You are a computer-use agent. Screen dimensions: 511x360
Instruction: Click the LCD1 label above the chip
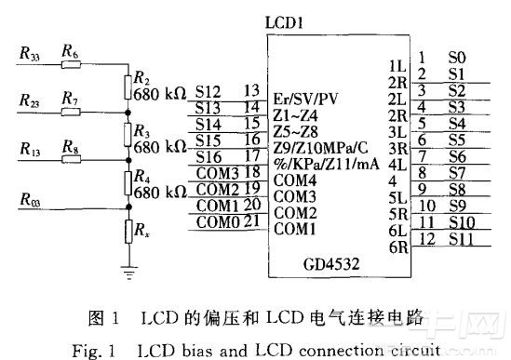284,23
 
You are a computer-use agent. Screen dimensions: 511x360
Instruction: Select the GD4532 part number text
331,264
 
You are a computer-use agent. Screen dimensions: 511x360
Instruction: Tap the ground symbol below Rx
129,273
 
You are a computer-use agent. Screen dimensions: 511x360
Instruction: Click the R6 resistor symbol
71,64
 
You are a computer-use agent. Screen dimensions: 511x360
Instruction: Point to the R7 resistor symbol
71,113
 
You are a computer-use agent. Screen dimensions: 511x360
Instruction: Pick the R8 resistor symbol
72,159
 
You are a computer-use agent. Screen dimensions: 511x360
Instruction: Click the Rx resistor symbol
129,232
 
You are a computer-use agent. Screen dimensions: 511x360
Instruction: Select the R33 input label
30,53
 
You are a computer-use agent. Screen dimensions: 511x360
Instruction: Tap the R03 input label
30,199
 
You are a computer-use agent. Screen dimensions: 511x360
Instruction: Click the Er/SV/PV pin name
305,99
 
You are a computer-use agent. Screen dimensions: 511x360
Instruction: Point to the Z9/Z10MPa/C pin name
321,148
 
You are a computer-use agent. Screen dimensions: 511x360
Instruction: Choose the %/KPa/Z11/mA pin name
326,164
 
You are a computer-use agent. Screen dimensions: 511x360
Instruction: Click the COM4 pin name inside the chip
295,180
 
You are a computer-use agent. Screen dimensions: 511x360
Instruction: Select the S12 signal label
208,92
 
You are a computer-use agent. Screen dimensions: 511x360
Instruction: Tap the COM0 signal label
218,222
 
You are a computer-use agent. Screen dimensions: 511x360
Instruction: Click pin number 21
252,221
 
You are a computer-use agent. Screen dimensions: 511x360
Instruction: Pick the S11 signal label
461,239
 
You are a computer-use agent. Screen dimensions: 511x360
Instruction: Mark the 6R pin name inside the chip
398,247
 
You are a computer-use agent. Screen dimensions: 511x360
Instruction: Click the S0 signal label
457,58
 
